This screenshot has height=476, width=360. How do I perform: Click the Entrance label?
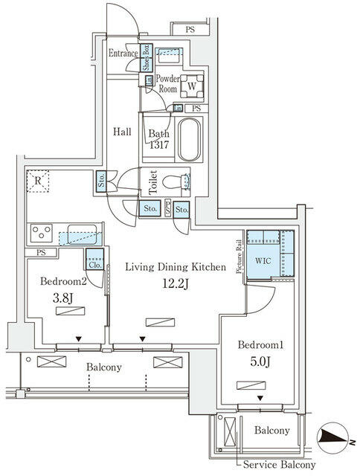click(x=123, y=54)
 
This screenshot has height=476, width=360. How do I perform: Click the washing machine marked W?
click(x=191, y=86)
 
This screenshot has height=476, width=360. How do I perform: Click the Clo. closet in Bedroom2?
click(x=94, y=263)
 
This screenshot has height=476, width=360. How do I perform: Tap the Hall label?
click(x=122, y=132)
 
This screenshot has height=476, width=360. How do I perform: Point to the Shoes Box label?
click(x=147, y=58)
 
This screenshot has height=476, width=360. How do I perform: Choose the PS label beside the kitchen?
click(x=40, y=253)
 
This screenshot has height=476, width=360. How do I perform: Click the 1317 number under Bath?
click(x=158, y=146)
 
